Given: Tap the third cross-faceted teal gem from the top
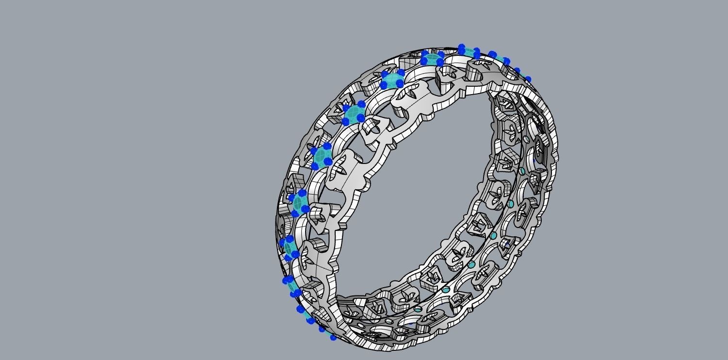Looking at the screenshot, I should (x=354, y=114).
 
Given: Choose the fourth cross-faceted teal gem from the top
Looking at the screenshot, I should (x=323, y=156).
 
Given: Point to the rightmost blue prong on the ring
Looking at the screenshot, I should (x=528, y=79).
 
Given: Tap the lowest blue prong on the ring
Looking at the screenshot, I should (x=333, y=337).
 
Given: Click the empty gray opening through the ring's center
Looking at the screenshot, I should (x=427, y=194).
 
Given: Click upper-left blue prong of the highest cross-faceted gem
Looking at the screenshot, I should (x=425, y=54).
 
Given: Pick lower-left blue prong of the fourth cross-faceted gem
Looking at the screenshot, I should (x=315, y=166).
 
